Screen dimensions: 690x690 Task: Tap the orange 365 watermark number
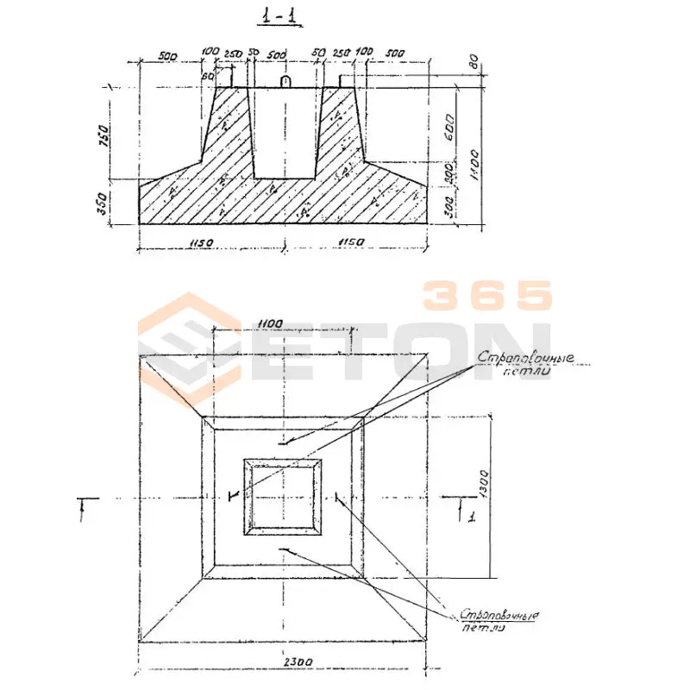(486, 296)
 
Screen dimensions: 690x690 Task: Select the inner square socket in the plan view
(284, 497)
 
